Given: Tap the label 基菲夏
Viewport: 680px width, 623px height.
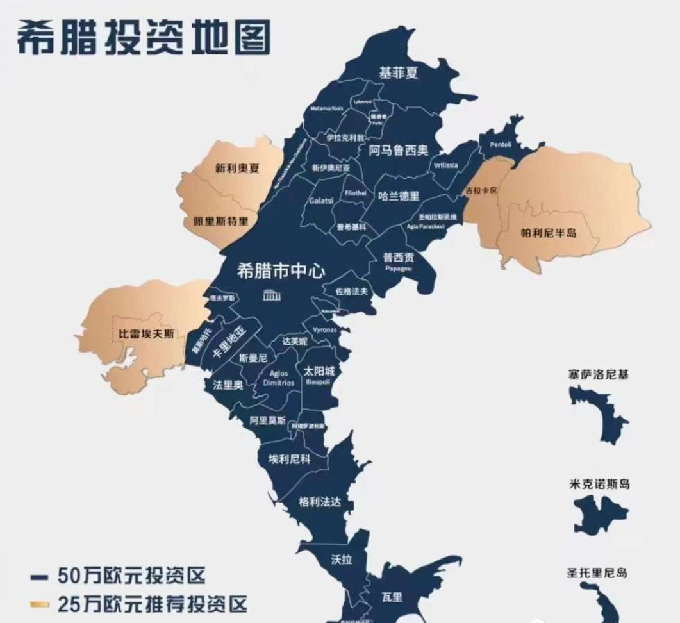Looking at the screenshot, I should tap(398, 73).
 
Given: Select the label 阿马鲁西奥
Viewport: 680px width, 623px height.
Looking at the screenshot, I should tap(398, 151).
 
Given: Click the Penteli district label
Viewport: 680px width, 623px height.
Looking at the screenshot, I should tap(501, 145).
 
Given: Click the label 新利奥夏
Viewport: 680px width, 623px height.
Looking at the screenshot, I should tap(236, 169).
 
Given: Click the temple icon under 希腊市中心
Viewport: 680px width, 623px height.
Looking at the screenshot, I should tap(271, 295).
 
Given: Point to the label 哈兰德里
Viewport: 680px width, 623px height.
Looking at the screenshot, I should tap(399, 196).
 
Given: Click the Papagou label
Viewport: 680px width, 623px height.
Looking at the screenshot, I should tap(398, 269).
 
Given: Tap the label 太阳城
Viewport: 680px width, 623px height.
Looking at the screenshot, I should tap(319, 371).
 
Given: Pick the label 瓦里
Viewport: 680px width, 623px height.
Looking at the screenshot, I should tap(392, 597).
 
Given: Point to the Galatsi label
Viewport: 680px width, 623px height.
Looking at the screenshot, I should tap(322, 200).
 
